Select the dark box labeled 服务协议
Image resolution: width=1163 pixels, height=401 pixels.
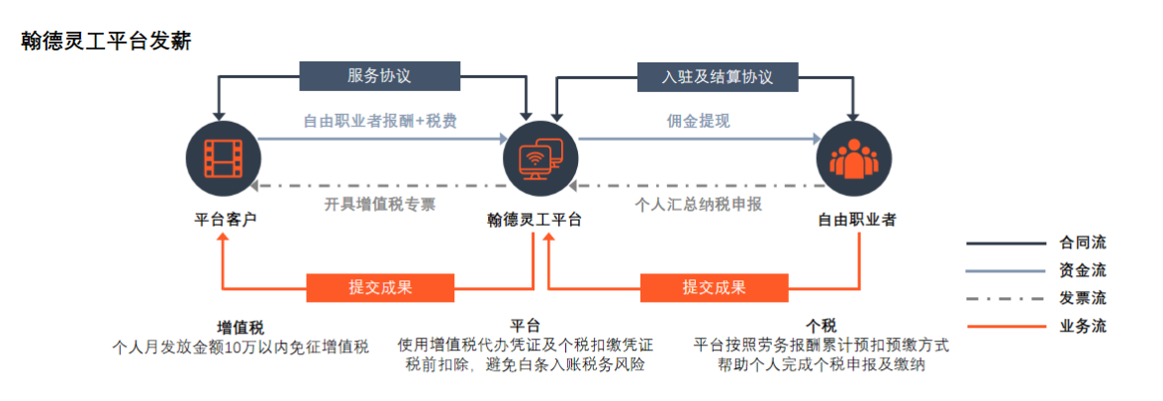379,76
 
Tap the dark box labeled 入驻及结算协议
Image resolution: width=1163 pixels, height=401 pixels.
718,77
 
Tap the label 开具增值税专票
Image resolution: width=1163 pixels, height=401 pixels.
379,204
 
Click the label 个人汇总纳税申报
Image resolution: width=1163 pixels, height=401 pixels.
698,204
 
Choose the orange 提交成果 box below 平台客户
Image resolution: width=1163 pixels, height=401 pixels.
380,287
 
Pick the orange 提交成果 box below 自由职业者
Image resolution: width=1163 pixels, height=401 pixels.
714,287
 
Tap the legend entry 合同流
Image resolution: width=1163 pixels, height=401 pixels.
1083,243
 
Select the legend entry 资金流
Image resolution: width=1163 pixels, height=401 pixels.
1083,270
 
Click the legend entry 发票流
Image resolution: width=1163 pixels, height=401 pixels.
1083,298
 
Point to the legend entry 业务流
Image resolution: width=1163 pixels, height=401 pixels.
1083,326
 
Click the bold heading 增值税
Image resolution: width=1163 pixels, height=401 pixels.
241,327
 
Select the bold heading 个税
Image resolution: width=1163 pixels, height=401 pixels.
822,327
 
